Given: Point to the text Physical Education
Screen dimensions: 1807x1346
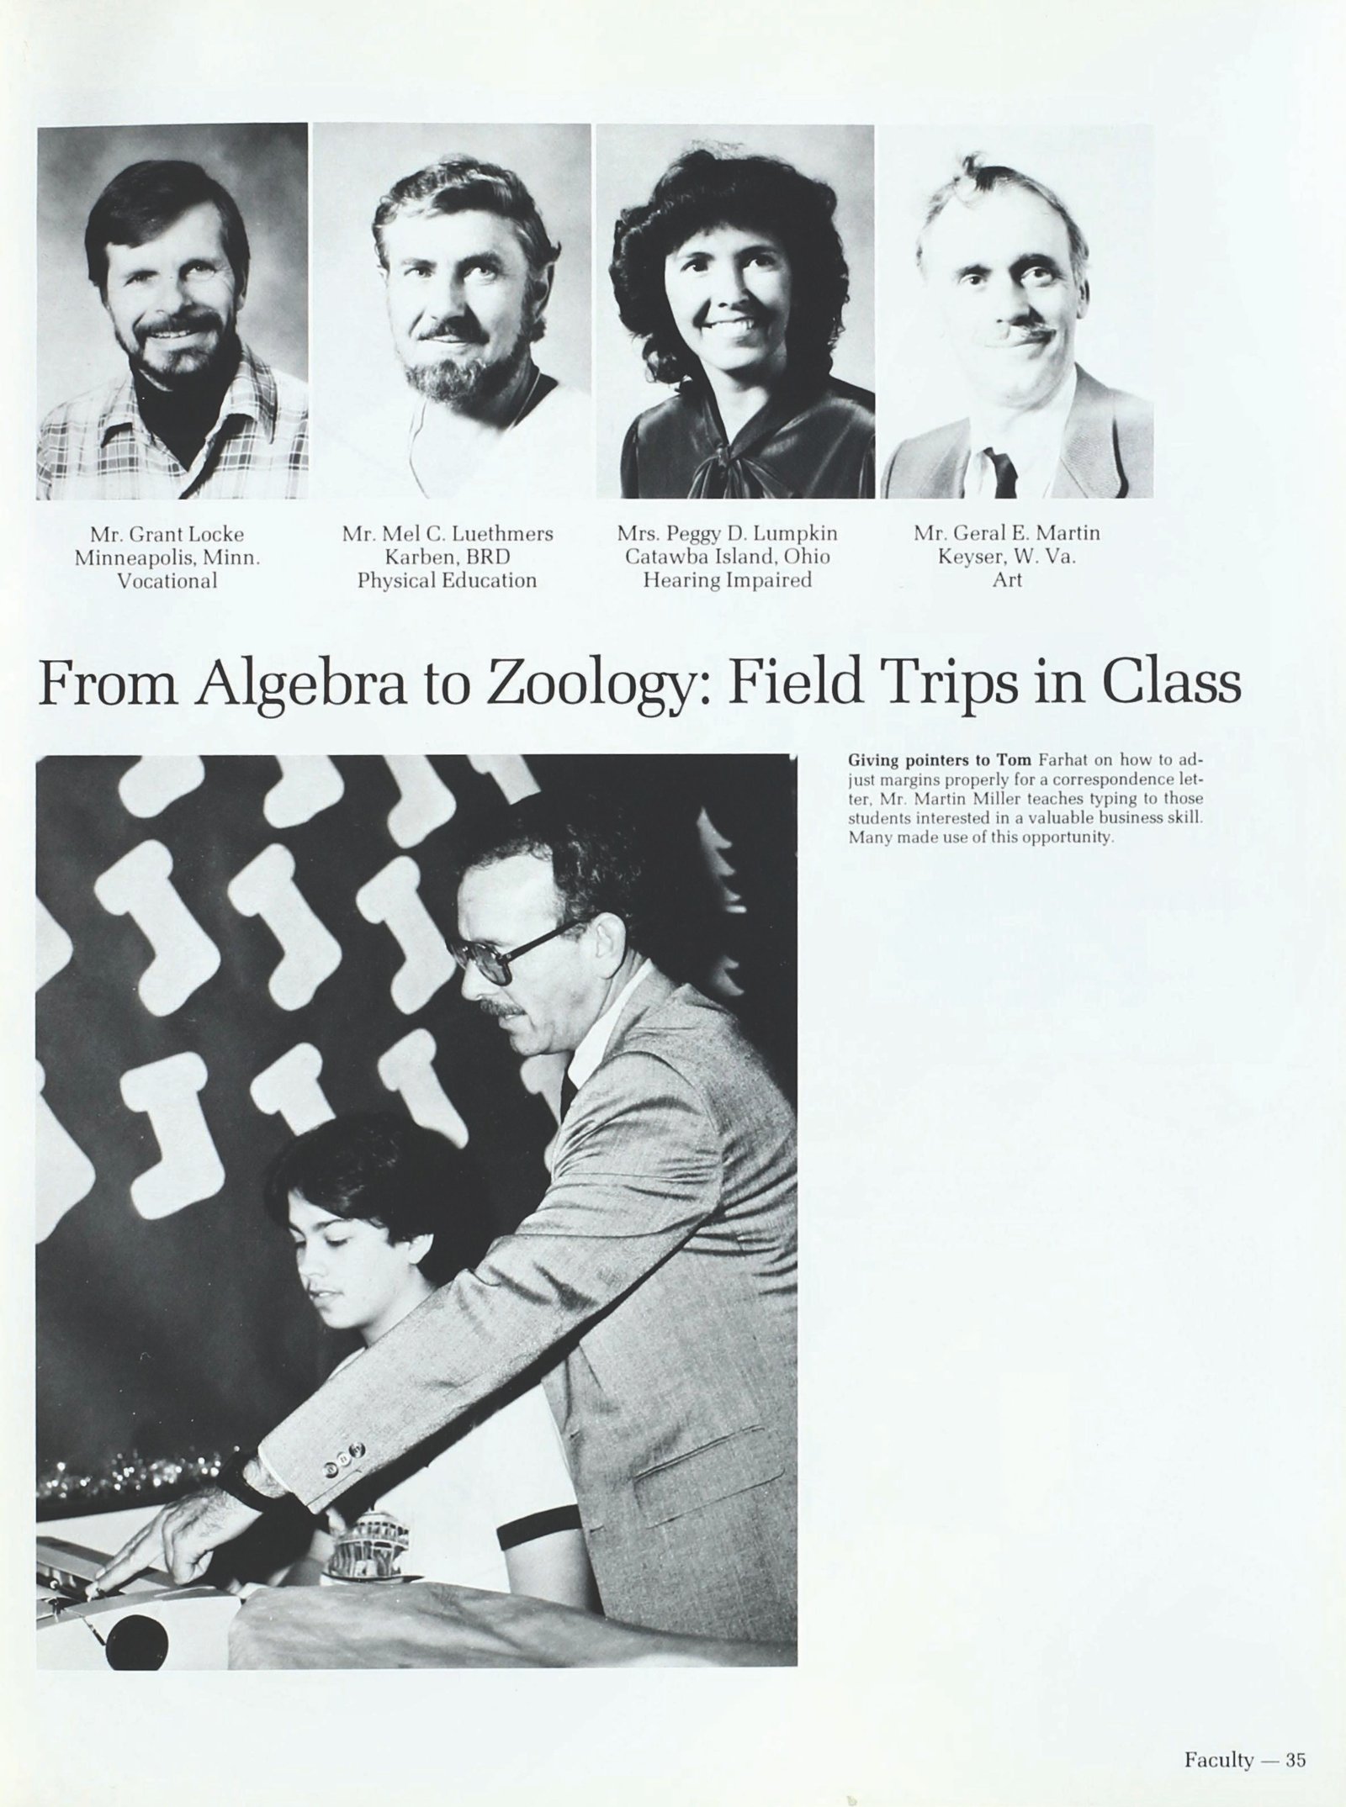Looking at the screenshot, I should point(447,580).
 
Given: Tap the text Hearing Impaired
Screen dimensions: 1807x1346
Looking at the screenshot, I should point(727,580).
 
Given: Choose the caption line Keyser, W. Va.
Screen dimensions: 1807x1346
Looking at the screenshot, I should point(1006,557).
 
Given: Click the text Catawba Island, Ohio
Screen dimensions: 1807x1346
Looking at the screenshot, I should point(727,557).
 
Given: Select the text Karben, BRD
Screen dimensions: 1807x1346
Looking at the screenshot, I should point(447,557).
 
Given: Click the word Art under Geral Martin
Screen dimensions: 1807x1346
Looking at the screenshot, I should point(1007,580).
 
